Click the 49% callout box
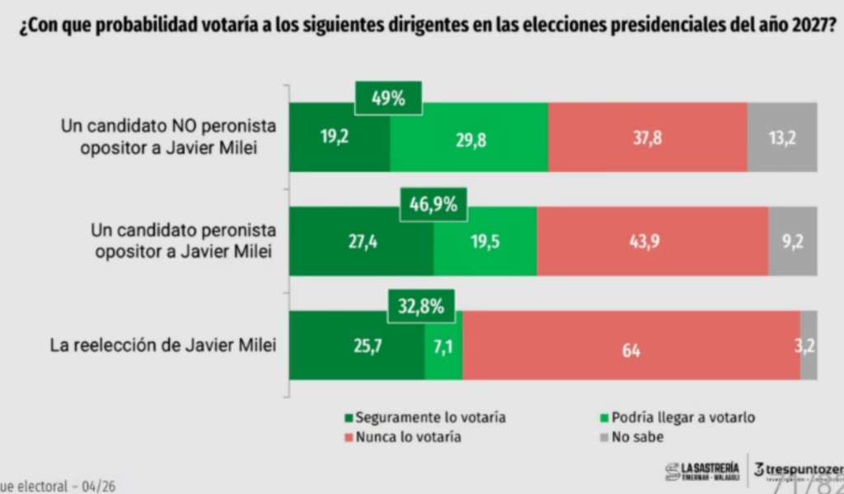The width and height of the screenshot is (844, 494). click(x=388, y=99)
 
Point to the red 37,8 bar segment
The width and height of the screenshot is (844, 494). click(x=647, y=137)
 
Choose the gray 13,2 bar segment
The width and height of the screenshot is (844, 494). click(x=782, y=137)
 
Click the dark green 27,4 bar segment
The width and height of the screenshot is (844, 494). click(x=361, y=241)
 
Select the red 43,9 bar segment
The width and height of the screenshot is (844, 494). click(x=652, y=241)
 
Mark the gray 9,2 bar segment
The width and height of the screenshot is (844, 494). click(x=793, y=241)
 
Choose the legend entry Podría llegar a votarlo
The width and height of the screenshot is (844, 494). click(x=677, y=417)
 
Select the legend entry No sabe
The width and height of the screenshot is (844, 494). click(x=631, y=437)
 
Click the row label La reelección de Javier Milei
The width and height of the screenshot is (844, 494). click(x=162, y=346)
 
